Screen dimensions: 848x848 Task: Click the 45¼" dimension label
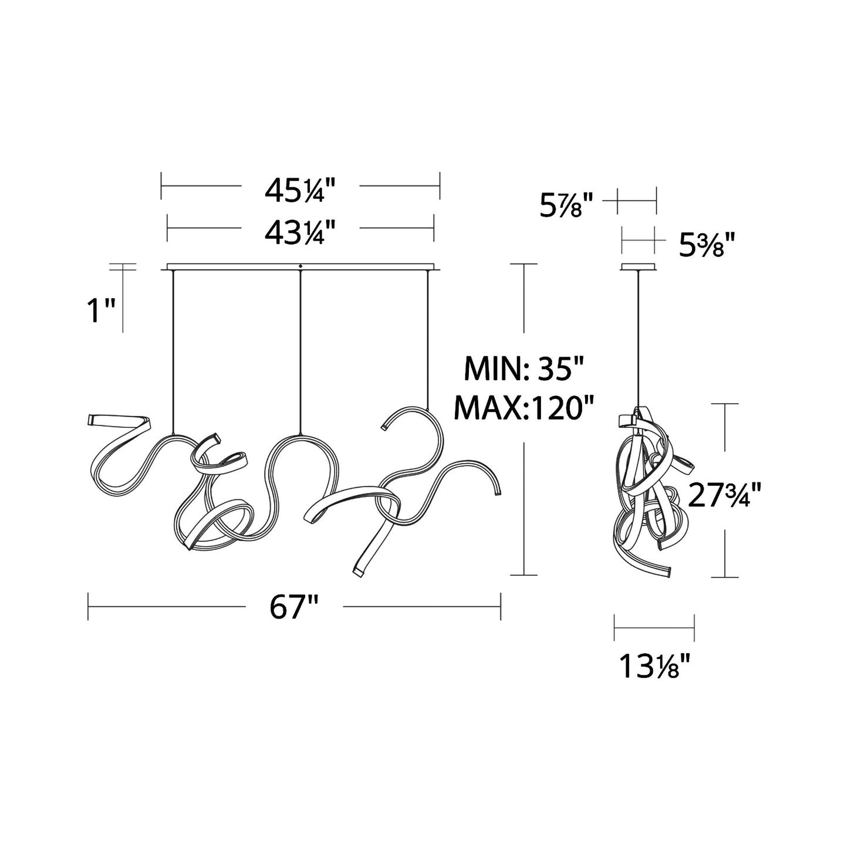click(x=300, y=190)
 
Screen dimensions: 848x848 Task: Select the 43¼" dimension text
click(x=300, y=232)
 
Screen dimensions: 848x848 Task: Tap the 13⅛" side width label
click(x=654, y=667)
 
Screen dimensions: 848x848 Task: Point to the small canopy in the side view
click(x=638, y=268)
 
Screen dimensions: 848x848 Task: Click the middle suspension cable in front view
click(x=300, y=352)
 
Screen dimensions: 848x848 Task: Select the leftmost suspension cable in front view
click(x=173, y=352)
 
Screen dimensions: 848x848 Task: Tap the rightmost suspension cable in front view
click(x=427, y=340)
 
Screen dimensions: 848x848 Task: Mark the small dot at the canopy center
click(x=300, y=266)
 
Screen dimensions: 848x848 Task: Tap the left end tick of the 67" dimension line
click(x=89, y=606)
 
